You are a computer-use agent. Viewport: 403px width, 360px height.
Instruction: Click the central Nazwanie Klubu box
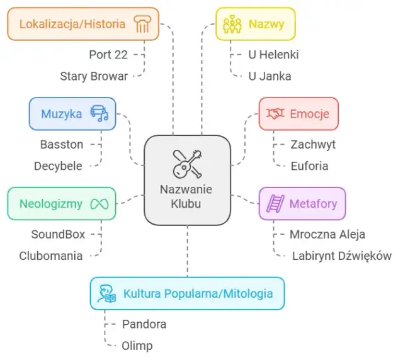click(x=187, y=180)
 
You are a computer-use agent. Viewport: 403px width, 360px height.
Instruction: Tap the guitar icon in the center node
click(x=187, y=163)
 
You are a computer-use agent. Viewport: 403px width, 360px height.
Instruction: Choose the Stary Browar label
click(x=94, y=76)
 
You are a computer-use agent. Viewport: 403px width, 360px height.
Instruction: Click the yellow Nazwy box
click(x=255, y=24)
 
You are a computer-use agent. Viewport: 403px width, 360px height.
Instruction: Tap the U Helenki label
click(x=273, y=55)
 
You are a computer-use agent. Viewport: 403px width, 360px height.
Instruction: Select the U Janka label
click(x=270, y=76)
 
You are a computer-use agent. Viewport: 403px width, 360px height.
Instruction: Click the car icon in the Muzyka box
click(x=99, y=113)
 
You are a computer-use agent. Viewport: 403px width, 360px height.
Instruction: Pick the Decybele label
click(x=58, y=166)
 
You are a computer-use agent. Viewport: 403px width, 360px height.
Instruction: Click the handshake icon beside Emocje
click(x=275, y=113)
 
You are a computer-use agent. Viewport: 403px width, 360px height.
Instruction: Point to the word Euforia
click(x=309, y=166)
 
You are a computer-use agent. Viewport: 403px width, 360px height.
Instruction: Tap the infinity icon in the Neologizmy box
click(x=99, y=203)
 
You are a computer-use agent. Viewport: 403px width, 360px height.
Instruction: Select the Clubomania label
click(x=51, y=256)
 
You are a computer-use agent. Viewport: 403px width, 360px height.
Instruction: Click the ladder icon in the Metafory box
click(x=275, y=203)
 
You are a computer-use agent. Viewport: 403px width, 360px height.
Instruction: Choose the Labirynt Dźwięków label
click(x=342, y=256)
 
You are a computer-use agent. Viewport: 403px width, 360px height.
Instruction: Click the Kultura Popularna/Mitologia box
click(x=186, y=293)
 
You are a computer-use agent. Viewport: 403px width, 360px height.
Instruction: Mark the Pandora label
click(x=144, y=324)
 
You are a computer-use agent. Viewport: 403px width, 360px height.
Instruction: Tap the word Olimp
click(x=137, y=346)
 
